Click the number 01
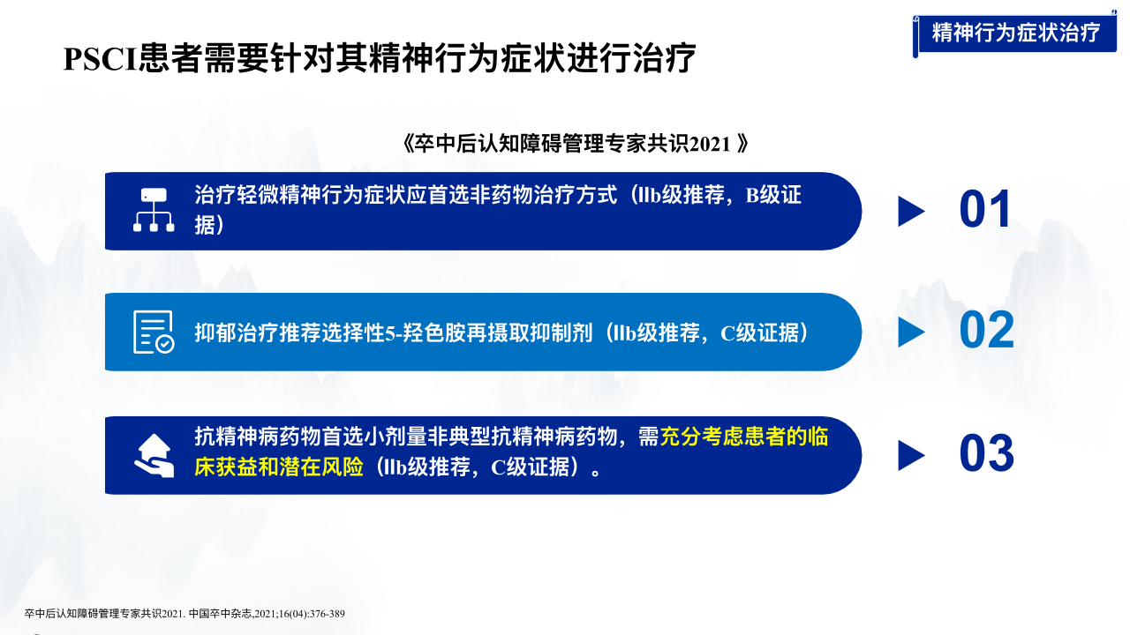point(984,209)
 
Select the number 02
point(987,331)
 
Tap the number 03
point(987,453)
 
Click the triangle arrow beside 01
point(911,211)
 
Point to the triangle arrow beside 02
point(911,332)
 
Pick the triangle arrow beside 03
point(911,456)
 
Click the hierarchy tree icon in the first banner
point(154,210)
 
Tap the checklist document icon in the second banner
point(154,332)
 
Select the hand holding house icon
point(154,456)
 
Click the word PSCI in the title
point(101,59)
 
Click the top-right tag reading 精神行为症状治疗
point(1016,33)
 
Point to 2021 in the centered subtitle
point(710,145)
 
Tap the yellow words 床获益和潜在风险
point(279,467)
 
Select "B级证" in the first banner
point(773,196)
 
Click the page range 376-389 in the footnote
point(327,614)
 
